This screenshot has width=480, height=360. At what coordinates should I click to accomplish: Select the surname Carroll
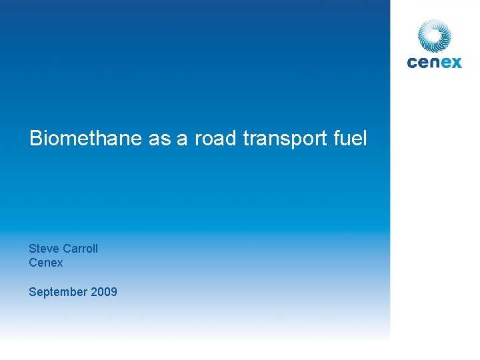click(x=81, y=249)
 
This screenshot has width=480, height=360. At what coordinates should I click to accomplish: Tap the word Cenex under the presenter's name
click(x=46, y=263)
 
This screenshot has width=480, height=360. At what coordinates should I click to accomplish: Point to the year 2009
click(x=104, y=292)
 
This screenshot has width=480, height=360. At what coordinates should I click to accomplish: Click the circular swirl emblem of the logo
click(x=435, y=35)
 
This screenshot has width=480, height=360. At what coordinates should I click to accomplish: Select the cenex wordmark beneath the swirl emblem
click(x=434, y=62)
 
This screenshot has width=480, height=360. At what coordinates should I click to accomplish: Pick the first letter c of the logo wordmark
click(x=412, y=62)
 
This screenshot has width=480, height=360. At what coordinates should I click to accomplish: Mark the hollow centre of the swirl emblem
click(x=435, y=35)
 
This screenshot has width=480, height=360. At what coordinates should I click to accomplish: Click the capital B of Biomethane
click(x=35, y=139)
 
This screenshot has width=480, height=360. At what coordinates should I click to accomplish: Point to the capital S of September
click(x=32, y=292)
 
